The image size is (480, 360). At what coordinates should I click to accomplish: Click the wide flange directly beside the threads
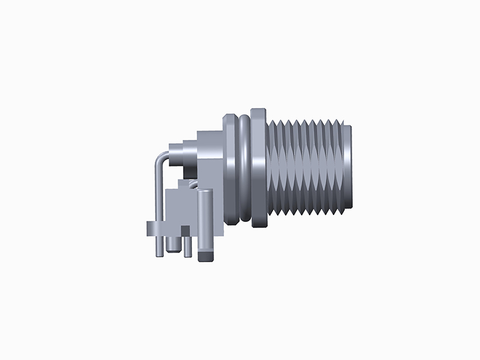259,168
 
